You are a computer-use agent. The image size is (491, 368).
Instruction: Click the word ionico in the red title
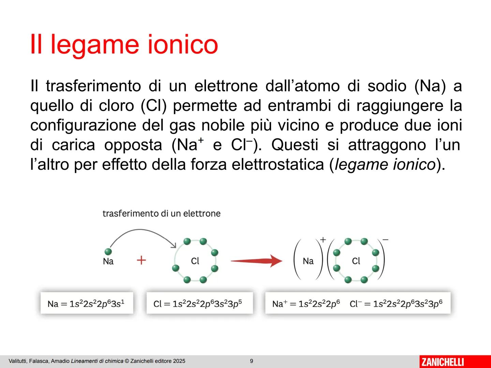(x=183, y=44)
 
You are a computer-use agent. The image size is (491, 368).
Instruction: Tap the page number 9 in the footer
(x=251, y=361)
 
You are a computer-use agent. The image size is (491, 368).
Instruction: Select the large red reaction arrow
(x=256, y=261)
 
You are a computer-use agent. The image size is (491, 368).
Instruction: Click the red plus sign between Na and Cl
(x=141, y=260)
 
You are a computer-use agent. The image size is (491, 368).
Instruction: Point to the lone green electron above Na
(x=108, y=251)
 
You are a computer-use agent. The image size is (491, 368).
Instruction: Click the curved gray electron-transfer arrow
(x=141, y=229)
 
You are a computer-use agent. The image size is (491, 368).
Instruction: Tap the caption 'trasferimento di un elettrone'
(x=162, y=214)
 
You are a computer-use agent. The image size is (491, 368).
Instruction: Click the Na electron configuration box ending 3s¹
(x=87, y=303)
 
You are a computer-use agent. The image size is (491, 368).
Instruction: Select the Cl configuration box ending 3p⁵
(x=200, y=303)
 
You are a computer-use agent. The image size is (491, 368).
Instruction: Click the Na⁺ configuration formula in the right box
(x=306, y=304)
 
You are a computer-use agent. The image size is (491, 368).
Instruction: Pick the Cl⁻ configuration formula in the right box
(x=396, y=304)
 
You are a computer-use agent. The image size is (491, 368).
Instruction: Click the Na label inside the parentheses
(x=308, y=261)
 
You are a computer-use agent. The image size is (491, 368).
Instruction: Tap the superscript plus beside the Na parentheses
(x=323, y=240)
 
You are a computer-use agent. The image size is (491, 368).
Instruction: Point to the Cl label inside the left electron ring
(x=195, y=261)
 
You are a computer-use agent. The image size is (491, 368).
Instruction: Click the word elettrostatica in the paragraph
(x=278, y=165)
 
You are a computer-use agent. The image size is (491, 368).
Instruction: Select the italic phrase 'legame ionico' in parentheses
(x=385, y=165)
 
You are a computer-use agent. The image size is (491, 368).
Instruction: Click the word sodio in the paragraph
(x=387, y=86)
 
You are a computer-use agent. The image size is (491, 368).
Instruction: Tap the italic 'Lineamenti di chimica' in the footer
(x=97, y=361)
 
